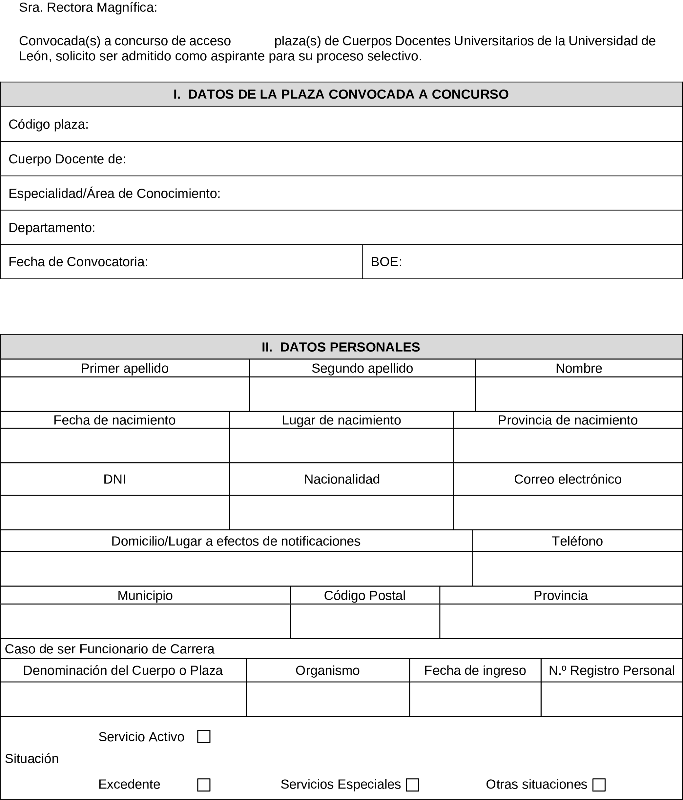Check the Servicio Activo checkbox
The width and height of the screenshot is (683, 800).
(x=204, y=736)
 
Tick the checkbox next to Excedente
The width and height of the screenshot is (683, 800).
(x=204, y=785)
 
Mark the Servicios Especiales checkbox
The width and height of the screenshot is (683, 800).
(x=412, y=785)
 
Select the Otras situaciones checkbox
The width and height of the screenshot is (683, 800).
(x=599, y=785)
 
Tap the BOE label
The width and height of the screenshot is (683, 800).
(x=386, y=262)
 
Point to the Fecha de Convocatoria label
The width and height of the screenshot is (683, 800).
(x=78, y=262)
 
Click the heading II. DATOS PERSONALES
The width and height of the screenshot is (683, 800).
(x=341, y=347)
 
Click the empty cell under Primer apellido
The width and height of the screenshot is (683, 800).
(x=124, y=394)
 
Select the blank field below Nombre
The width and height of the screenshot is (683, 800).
(x=579, y=394)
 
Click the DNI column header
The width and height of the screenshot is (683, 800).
(x=115, y=479)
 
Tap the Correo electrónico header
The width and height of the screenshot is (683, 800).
(x=567, y=479)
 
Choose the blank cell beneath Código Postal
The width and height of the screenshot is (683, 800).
(x=365, y=621)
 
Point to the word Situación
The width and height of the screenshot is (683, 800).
(x=32, y=759)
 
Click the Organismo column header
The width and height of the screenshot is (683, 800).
(x=328, y=670)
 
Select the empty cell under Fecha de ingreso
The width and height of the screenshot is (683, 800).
(x=475, y=699)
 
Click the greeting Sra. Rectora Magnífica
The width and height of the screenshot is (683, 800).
(x=88, y=8)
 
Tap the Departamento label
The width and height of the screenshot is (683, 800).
(x=52, y=227)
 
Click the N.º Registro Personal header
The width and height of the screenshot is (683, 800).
(x=612, y=670)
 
